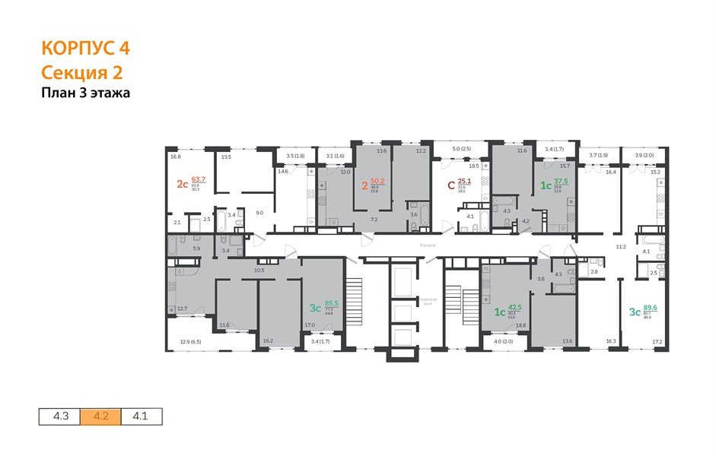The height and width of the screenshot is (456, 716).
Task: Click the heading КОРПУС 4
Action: tap(85, 49)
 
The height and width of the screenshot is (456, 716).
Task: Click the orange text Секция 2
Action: tap(81, 73)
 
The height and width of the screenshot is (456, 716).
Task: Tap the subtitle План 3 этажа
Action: tap(86, 94)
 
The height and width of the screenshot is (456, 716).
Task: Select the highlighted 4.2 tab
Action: tap(100, 416)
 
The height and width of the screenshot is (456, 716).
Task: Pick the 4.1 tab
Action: tap(142, 416)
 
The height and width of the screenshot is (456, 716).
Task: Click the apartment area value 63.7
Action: tap(199, 180)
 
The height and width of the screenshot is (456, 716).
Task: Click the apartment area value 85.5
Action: tap(331, 302)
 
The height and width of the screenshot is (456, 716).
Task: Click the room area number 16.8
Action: tap(175, 157)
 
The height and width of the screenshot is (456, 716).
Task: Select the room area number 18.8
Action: tap(521, 325)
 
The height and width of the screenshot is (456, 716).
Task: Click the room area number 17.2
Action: tap(656, 342)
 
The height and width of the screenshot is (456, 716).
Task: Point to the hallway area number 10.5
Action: tap(259, 271)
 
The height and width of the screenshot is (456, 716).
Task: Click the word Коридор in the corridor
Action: tap(428, 244)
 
